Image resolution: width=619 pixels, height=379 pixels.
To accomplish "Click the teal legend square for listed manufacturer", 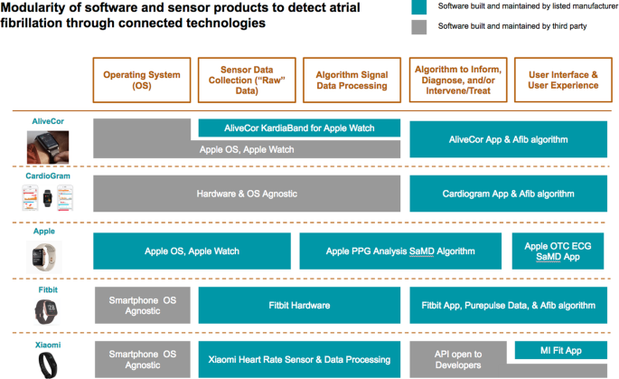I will (x=419, y=7).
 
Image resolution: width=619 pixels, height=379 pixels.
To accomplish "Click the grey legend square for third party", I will (x=419, y=27).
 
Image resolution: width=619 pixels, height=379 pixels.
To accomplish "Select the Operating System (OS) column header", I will (x=143, y=81).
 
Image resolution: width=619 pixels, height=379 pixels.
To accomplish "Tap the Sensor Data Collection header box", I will (x=247, y=81).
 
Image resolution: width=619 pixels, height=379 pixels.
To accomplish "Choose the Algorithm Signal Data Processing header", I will (x=352, y=81).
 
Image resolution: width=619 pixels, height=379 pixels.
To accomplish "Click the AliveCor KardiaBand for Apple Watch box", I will (x=299, y=128).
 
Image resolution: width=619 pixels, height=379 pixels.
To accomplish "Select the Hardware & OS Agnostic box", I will (x=247, y=194).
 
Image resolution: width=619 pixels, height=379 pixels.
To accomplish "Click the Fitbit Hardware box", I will (x=299, y=306).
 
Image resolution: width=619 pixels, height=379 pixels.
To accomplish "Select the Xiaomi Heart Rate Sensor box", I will (x=299, y=359).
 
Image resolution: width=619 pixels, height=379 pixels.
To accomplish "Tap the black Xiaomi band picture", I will (x=45, y=364).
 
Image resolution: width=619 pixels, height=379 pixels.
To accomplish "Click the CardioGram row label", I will (x=46, y=174).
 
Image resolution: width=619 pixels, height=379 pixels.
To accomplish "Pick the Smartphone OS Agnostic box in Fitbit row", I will (x=143, y=306).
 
